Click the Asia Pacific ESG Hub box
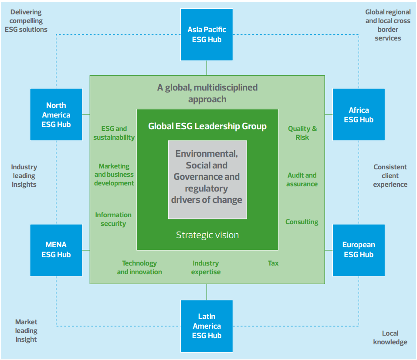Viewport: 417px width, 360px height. pyautogui.click(x=207, y=35)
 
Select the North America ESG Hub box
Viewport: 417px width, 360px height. pyautogui.click(x=56, y=114)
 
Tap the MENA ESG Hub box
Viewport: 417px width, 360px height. pyautogui.click(x=56, y=250)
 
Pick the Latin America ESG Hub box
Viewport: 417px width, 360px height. pyautogui.click(x=207, y=326)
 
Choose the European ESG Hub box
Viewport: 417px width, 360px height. pyautogui.click(x=359, y=250)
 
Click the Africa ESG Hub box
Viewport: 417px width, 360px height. pyautogui.click(x=359, y=115)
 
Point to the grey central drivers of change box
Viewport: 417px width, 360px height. pyautogui.click(x=207, y=179)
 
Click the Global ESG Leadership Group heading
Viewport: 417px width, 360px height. pyautogui.click(x=207, y=126)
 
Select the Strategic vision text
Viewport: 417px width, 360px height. pyautogui.click(x=207, y=235)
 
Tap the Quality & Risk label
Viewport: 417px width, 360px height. pyautogui.click(x=302, y=133)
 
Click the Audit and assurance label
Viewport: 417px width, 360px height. pyautogui.click(x=302, y=179)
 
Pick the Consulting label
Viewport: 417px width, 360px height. pyautogui.click(x=302, y=222)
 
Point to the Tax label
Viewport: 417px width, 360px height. pyautogui.click(x=273, y=263)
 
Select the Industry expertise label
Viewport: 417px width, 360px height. pyautogui.click(x=206, y=267)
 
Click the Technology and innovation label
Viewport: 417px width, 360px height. pyautogui.click(x=139, y=267)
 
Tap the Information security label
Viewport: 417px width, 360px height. pyautogui.click(x=113, y=219)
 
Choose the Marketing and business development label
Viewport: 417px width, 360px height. pyautogui.click(x=114, y=175)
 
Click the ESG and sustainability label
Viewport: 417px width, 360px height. pyautogui.click(x=114, y=133)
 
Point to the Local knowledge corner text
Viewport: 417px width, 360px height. pyautogui.click(x=390, y=337)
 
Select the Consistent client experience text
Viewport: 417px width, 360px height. pyautogui.click(x=390, y=175)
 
